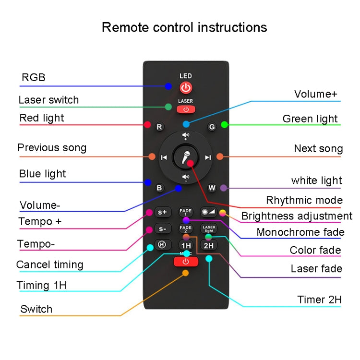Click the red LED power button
tap(186, 88)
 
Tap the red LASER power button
tap(186, 109)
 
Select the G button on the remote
tap(212, 127)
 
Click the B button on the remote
tap(159, 188)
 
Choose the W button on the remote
tap(212, 188)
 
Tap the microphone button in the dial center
tap(186, 157)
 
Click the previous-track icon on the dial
tap(164, 157)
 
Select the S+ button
tap(162, 212)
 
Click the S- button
tap(162, 229)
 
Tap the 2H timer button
tap(209, 245)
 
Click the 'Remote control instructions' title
tap(184, 27)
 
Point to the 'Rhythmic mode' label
tap(304, 200)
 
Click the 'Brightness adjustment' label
tap(297, 216)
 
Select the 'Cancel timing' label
tap(49, 264)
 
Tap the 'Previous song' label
tap(52, 147)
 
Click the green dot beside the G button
tap(224, 125)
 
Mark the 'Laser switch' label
tap(48, 100)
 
